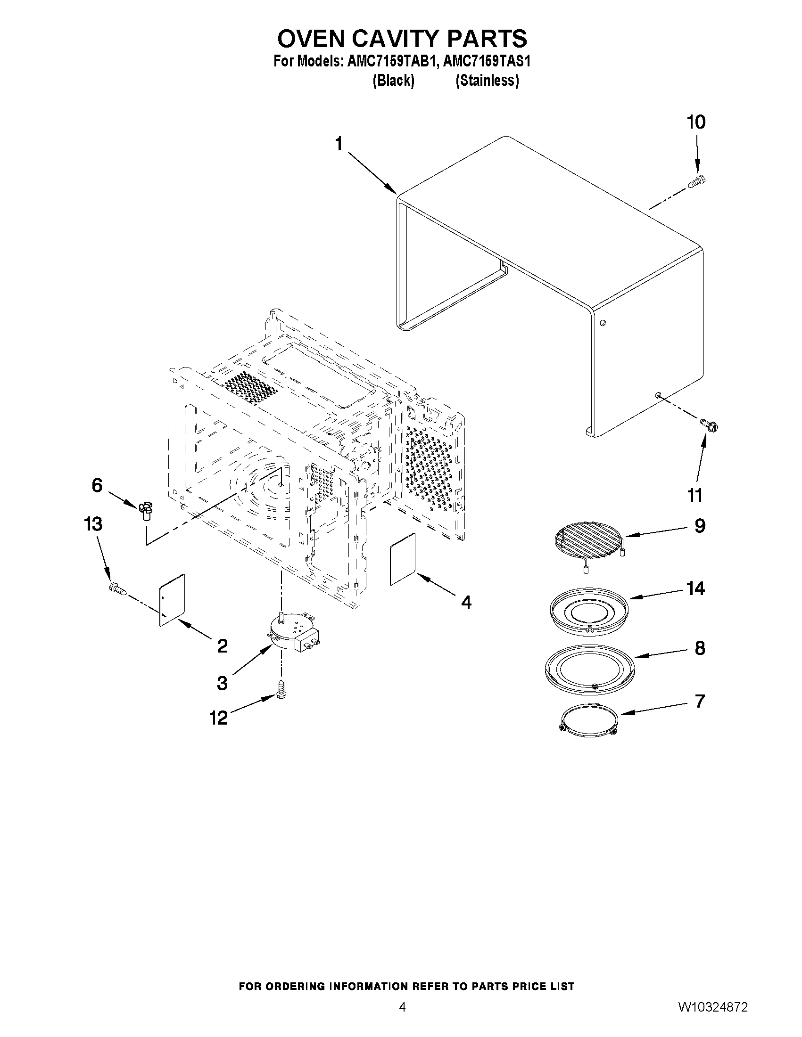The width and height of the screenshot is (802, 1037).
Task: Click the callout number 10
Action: (696, 122)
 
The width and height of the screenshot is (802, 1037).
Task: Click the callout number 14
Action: (695, 589)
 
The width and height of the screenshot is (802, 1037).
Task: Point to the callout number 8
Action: (700, 648)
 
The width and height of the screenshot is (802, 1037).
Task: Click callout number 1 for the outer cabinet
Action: (339, 143)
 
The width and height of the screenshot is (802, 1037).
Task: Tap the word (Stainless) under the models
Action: (487, 81)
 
